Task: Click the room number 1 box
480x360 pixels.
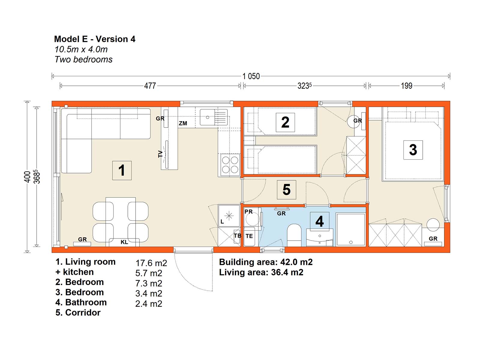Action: coord(122,170)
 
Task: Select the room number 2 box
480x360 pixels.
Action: coord(285,122)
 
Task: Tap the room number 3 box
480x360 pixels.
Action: coord(413,150)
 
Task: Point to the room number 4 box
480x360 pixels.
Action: coord(319,221)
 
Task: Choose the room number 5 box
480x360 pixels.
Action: coord(286,190)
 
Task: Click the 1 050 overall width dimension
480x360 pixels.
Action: coord(251,76)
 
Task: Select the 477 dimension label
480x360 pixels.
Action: coord(150,86)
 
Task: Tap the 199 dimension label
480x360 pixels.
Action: coord(406,86)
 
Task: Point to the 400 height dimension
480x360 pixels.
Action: coord(27,177)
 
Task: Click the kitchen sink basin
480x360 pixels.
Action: coord(207,117)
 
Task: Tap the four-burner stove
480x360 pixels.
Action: coord(230,165)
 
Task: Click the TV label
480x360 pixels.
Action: coord(160,154)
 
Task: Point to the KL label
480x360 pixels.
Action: coord(124,242)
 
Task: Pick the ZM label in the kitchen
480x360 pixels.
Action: coord(183,123)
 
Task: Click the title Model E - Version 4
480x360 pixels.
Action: coord(95,39)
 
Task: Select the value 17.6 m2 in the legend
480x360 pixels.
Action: coord(151,263)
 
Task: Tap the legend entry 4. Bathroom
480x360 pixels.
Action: coord(81,302)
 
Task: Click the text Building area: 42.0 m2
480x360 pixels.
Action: coord(266,262)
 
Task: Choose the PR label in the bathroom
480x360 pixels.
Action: coord(248,211)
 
